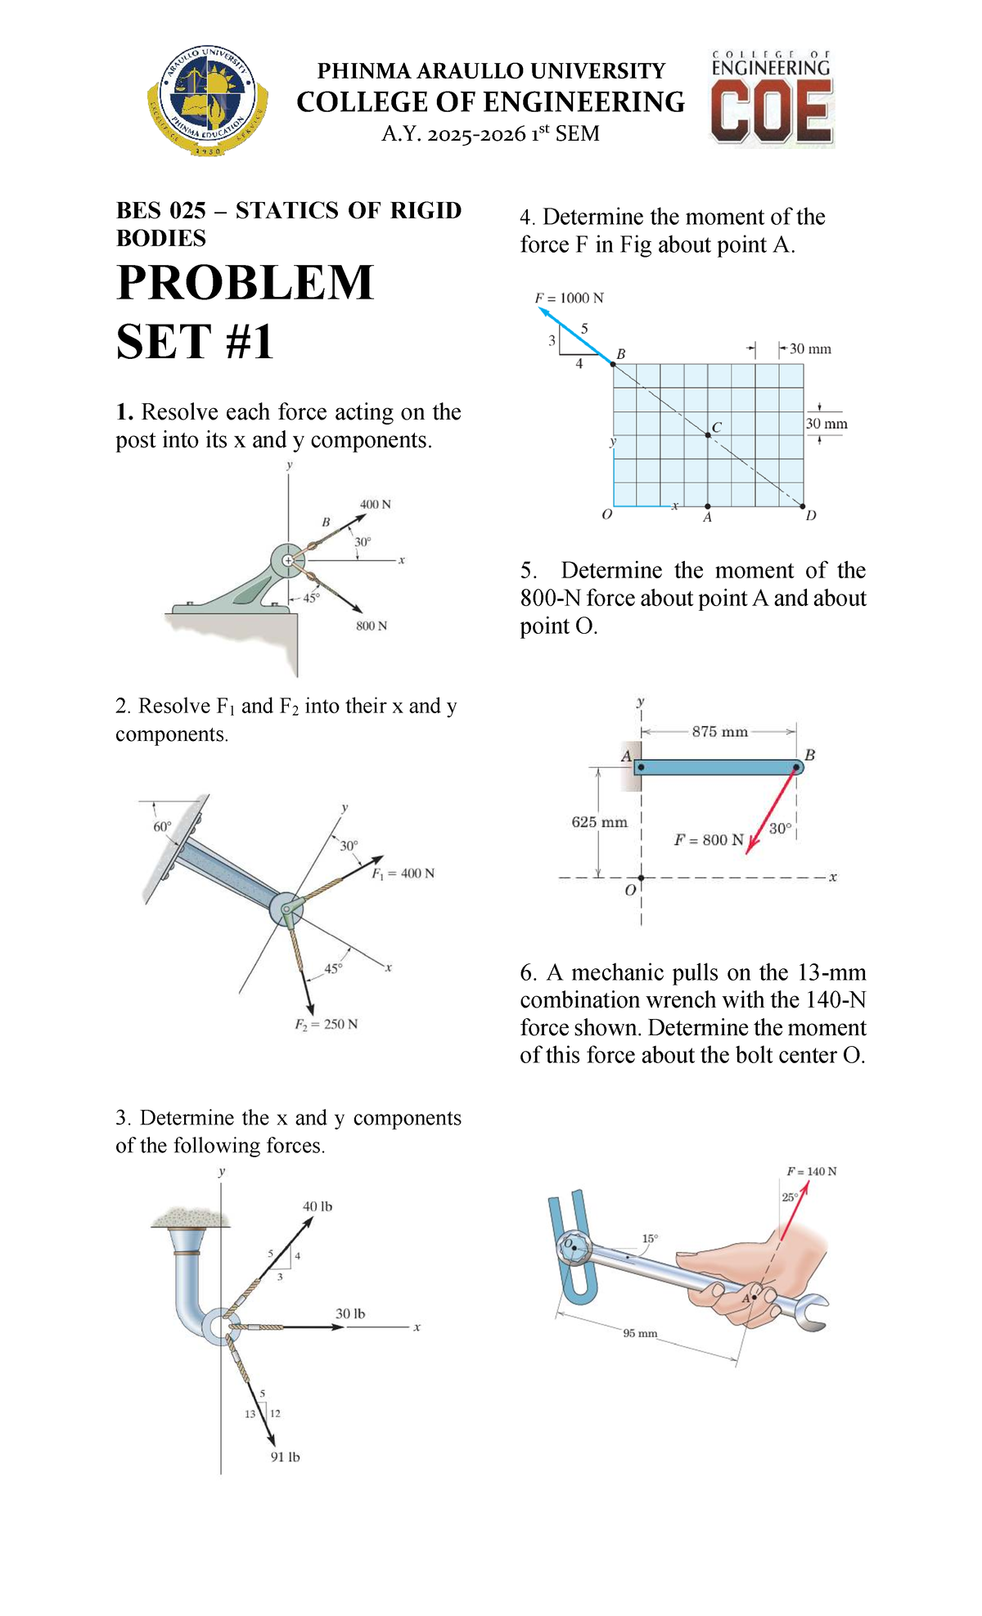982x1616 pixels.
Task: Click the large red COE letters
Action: point(772,114)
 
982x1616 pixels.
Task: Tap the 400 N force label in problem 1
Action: point(376,505)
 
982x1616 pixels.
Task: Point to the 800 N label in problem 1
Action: point(372,626)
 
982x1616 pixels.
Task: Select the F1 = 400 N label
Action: point(403,873)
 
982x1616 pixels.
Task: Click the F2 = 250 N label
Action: point(327,1024)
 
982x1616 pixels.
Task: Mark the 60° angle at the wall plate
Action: point(163,826)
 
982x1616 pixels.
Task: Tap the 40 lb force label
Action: point(318,1206)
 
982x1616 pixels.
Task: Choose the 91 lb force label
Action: point(286,1457)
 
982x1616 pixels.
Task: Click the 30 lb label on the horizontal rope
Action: point(350,1313)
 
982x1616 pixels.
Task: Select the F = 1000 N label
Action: point(570,299)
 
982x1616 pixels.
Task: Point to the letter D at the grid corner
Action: point(811,516)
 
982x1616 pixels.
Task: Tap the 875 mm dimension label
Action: point(719,732)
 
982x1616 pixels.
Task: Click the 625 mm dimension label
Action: point(599,822)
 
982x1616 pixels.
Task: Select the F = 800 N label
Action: point(709,840)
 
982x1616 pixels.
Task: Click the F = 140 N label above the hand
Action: point(812,1171)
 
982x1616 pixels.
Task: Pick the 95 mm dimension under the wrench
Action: point(640,1333)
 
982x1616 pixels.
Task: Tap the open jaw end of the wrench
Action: point(814,1313)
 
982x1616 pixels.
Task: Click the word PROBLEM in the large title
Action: point(245,283)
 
